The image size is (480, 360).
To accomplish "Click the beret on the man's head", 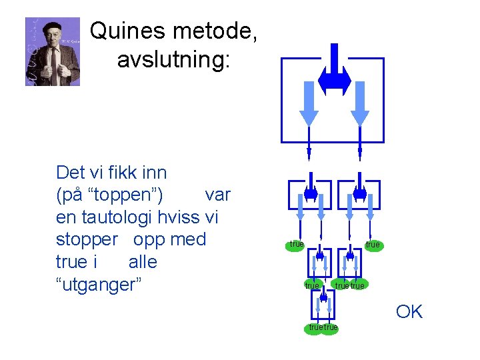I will click(x=53, y=27).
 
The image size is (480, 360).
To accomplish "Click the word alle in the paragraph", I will click(x=143, y=262).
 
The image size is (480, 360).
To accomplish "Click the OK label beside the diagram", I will click(x=409, y=312).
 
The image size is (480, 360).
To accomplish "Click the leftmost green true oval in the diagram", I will click(x=296, y=245).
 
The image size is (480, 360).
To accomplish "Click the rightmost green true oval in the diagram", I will click(x=373, y=245).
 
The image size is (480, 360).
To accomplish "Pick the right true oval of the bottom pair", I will click(x=331, y=328).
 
